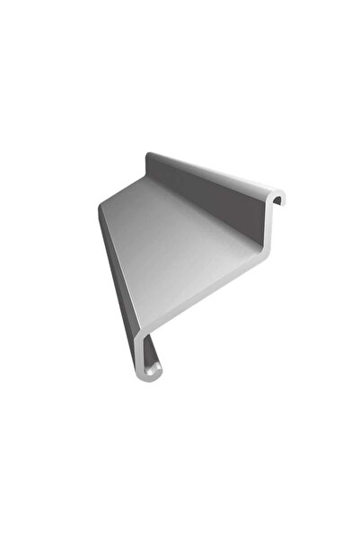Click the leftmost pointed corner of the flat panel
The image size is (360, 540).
pos(100,208)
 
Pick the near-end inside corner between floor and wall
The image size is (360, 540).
pos(260,243)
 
